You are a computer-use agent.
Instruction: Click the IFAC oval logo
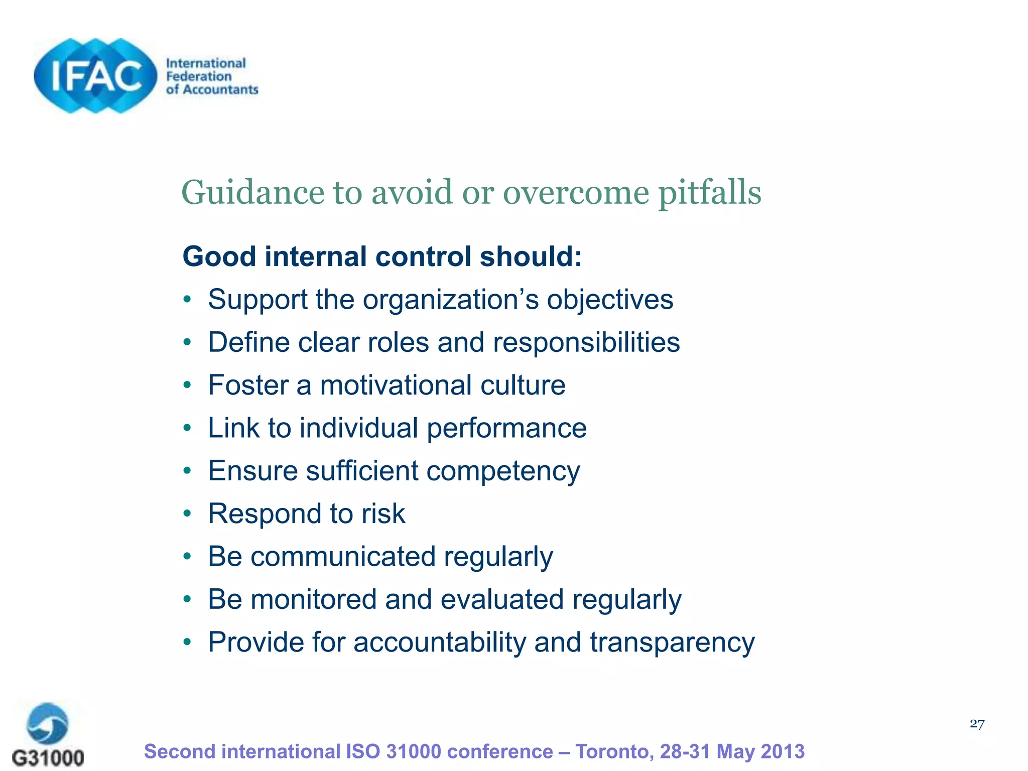pos(95,76)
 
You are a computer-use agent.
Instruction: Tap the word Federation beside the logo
pos(199,76)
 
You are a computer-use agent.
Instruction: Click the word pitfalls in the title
pos(709,193)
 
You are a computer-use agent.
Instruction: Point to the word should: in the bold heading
pos(531,256)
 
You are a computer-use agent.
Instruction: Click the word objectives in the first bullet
pos(610,300)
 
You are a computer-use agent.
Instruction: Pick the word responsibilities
pos(586,342)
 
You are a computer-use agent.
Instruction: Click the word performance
pos(506,429)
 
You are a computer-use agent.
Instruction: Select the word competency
pos(503,471)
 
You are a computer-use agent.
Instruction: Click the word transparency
pos(672,642)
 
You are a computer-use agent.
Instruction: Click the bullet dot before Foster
pos(187,385)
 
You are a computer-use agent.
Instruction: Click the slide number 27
pos(977,724)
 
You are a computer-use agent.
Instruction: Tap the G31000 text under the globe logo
pos(48,757)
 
